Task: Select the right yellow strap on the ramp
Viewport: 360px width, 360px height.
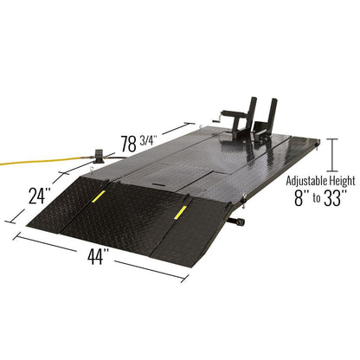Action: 181,213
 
